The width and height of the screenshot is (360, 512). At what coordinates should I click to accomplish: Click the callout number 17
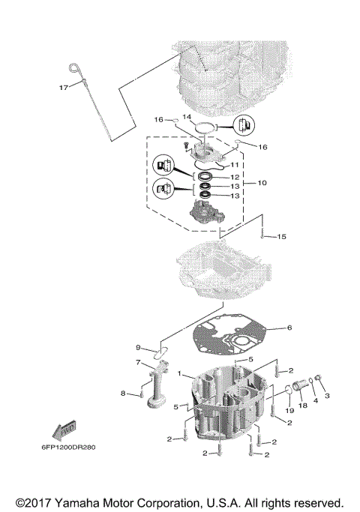click(x=64, y=88)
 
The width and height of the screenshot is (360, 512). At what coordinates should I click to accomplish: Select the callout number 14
click(x=187, y=118)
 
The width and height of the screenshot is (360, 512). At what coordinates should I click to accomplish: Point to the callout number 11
click(x=234, y=164)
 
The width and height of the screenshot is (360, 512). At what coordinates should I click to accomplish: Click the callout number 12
click(x=234, y=177)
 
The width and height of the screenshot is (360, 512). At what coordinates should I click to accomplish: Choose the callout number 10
click(x=262, y=183)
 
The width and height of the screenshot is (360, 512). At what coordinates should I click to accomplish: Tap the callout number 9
click(x=138, y=347)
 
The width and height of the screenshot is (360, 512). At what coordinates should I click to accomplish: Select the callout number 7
click(x=138, y=362)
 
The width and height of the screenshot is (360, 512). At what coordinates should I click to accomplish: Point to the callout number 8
click(x=123, y=393)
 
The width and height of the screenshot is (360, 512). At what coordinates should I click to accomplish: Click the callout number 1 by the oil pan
click(x=180, y=373)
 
